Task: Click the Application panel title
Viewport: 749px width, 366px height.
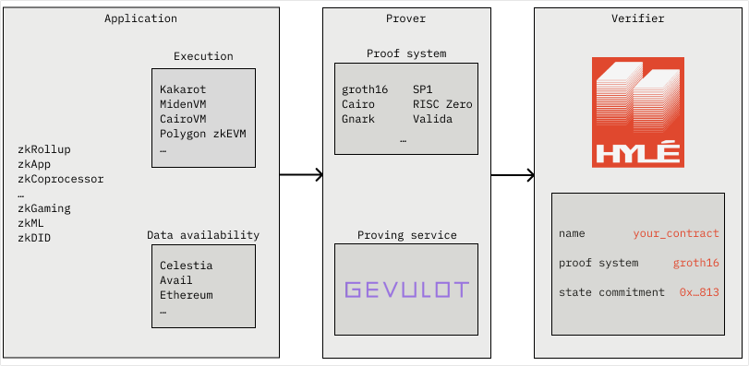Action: point(140,18)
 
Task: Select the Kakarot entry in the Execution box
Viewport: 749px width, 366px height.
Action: point(183,89)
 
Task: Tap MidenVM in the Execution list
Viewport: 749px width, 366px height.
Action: point(183,104)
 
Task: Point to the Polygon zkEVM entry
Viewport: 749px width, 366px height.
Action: point(202,134)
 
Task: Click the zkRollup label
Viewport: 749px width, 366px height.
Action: point(44,149)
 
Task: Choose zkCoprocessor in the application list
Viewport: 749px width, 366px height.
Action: point(61,179)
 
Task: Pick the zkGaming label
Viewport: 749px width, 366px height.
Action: point(44,208)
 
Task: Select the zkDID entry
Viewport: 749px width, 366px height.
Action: point(34,238)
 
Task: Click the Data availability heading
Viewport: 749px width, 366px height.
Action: point(203,235)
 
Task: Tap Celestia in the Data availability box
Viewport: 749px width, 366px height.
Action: point(186,266)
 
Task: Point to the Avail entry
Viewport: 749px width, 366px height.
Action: point(175,280)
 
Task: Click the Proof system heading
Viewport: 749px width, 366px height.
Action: point(406,53)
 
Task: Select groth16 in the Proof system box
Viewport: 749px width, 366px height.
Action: point(365,89)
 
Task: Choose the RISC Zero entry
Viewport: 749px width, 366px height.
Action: point(442,104)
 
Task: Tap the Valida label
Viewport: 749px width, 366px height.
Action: point(432,119)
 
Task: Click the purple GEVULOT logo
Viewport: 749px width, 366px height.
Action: point(406,289)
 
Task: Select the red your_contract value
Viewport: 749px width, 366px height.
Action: point(676,233)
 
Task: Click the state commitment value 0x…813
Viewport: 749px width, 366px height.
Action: point(699,292)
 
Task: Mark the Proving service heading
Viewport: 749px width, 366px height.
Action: point(406,235)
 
